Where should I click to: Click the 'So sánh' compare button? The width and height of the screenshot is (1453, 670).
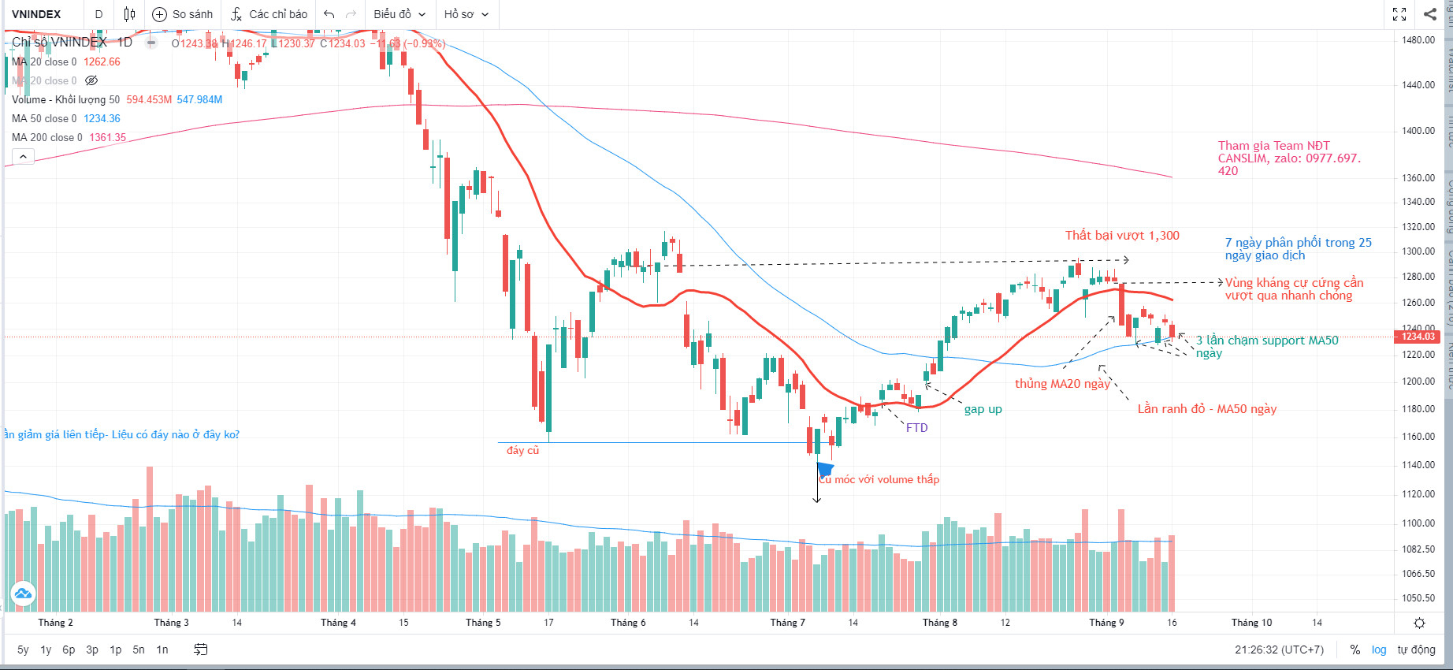point(183,14)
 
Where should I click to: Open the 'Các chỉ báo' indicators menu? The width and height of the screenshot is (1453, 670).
point(269,14)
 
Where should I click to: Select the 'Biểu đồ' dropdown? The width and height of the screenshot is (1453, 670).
point(399,14)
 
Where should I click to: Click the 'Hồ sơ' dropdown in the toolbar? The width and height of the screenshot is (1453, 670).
point(466,14)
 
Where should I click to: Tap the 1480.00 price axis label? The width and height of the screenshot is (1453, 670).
point(1418,40)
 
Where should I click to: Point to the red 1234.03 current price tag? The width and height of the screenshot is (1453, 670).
point(1418,337)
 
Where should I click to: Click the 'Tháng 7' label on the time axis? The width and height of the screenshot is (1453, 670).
point(787,623)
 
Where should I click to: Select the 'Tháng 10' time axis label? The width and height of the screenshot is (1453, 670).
point(1251,623)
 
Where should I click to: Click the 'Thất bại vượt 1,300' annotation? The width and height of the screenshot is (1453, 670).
point(1122,236)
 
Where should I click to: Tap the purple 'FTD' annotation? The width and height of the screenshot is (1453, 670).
point(916,428)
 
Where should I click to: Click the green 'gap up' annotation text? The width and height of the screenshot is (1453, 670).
point(983,409)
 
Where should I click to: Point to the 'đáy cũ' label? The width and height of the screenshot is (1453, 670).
point(522,450)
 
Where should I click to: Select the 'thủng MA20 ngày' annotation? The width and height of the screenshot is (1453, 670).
point(1061,384)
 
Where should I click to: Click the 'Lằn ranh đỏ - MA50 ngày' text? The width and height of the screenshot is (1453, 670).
point(1206,409)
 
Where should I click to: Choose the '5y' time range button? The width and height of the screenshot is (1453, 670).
point(23,650)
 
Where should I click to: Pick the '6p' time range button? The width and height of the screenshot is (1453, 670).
point(69,650)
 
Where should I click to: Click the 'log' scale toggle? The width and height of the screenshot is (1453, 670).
point(1379,650)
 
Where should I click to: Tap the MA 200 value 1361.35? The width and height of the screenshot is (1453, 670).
point(108,137)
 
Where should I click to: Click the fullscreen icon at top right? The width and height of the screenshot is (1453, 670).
point(1399,14)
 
